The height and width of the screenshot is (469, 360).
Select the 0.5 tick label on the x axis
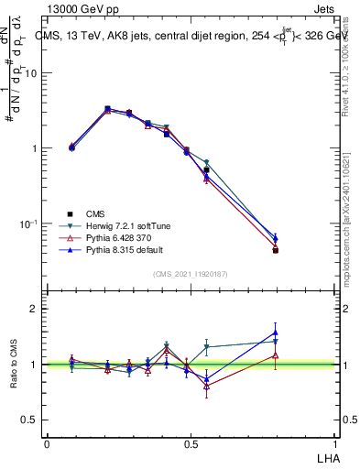191,442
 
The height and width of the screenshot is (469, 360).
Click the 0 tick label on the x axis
47,442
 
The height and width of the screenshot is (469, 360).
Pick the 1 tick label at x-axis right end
334,442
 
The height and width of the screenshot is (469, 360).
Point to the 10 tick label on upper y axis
29,73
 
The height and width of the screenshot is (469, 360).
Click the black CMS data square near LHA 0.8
276,250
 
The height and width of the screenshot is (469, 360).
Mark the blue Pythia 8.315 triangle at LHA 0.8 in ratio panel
276,333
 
